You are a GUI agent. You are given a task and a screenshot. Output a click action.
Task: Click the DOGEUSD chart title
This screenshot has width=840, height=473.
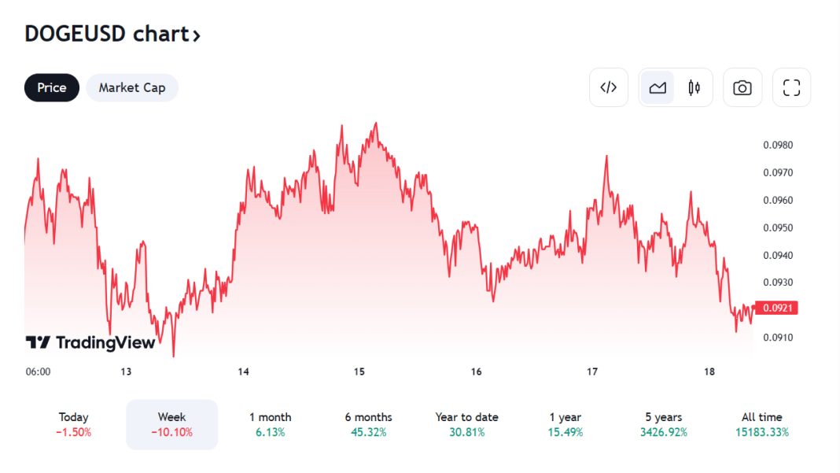(x=112, y=34)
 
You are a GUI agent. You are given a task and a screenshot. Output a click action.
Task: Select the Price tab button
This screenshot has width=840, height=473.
(x=52, y=87)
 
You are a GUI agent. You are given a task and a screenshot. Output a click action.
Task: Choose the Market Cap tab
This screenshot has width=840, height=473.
(x=132, y=87)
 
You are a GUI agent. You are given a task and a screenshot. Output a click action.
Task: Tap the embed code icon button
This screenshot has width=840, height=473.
(x=609, y=87)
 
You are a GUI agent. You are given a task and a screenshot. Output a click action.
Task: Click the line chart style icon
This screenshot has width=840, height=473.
(x=658, y=87)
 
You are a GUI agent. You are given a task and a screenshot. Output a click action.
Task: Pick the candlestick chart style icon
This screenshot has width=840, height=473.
(x=694, y=87)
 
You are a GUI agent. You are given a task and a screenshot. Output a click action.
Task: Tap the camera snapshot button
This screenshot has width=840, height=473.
(x=742, y=87)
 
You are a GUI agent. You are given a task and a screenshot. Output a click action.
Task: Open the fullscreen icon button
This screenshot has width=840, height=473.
(x=791, y=87)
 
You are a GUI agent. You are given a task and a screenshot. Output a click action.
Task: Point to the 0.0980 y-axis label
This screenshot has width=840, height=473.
(x=778, y=145)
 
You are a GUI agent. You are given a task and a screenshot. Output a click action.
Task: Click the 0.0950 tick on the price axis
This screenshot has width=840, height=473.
(x=778, y=227)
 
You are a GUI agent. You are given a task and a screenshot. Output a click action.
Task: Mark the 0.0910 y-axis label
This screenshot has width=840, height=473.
(x=778, y=338)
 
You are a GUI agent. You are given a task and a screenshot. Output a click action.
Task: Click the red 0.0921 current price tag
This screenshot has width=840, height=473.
(x=776, y=308)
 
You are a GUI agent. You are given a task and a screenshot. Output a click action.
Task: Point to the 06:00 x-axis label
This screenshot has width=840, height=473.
(x=38, y=371)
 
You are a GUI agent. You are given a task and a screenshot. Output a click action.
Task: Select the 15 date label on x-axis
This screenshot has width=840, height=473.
(x=359, y=371)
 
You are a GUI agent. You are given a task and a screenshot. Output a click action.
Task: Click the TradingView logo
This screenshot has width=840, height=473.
(x=90, y=342)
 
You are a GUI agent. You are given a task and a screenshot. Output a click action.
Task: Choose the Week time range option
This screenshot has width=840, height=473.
(x=171, y=424)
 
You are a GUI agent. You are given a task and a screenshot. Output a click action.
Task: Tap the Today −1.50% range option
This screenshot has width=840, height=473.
(x=74, y=424)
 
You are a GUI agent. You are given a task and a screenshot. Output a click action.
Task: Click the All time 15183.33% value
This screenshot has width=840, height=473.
(x=761, y=432)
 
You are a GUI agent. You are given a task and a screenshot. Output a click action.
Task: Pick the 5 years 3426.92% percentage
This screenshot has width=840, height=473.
(x=663, y=432)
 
